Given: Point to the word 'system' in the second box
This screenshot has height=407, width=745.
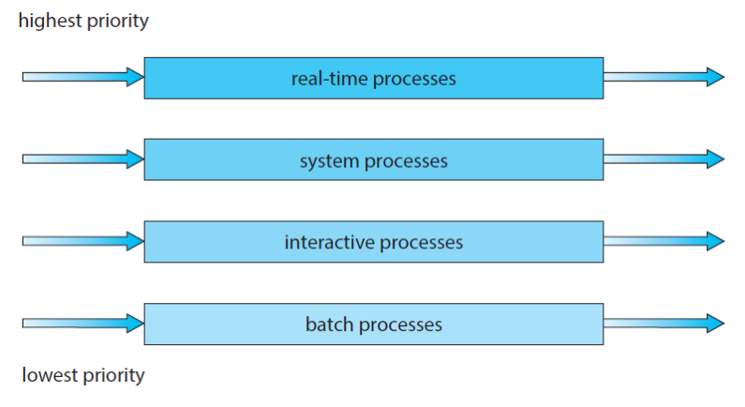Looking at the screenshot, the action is (329, 161).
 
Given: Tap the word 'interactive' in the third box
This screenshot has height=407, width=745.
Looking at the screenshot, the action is (330, 242).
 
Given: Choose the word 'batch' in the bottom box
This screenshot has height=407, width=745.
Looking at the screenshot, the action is (329, 324).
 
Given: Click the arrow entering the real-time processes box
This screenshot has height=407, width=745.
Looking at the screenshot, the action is (83, 77).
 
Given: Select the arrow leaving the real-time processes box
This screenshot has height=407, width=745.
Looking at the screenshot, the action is (663, 77).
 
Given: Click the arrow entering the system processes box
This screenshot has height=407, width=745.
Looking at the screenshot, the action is (83, 159).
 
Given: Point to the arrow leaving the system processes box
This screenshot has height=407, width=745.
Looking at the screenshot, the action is (663, 159).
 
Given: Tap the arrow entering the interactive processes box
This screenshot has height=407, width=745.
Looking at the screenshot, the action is (83, 241).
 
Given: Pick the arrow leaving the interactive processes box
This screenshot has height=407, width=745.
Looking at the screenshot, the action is (663, 241).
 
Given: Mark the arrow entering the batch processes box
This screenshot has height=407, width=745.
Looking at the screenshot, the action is (83, 324).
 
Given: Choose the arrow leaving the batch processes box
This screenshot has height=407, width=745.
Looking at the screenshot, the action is (663, 324).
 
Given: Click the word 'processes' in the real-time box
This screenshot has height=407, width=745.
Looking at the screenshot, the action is (414, 80).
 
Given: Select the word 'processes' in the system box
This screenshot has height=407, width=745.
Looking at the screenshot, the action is (406, 162).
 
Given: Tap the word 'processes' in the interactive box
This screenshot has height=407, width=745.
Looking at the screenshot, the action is (422, 244).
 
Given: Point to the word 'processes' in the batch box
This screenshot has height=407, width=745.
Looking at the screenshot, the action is (400, 325).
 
